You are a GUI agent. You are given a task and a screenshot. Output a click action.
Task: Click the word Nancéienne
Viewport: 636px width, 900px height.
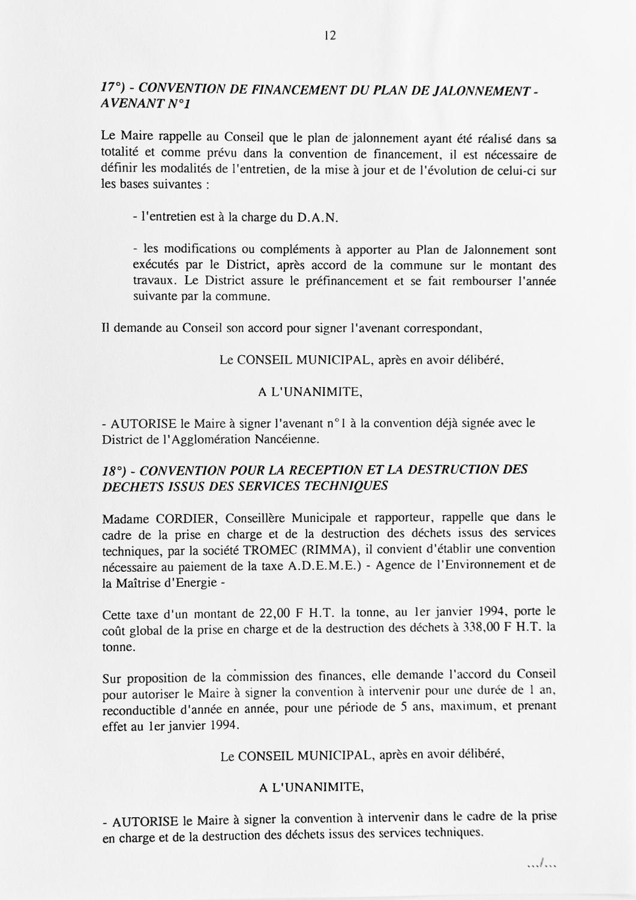pos(287,439)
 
